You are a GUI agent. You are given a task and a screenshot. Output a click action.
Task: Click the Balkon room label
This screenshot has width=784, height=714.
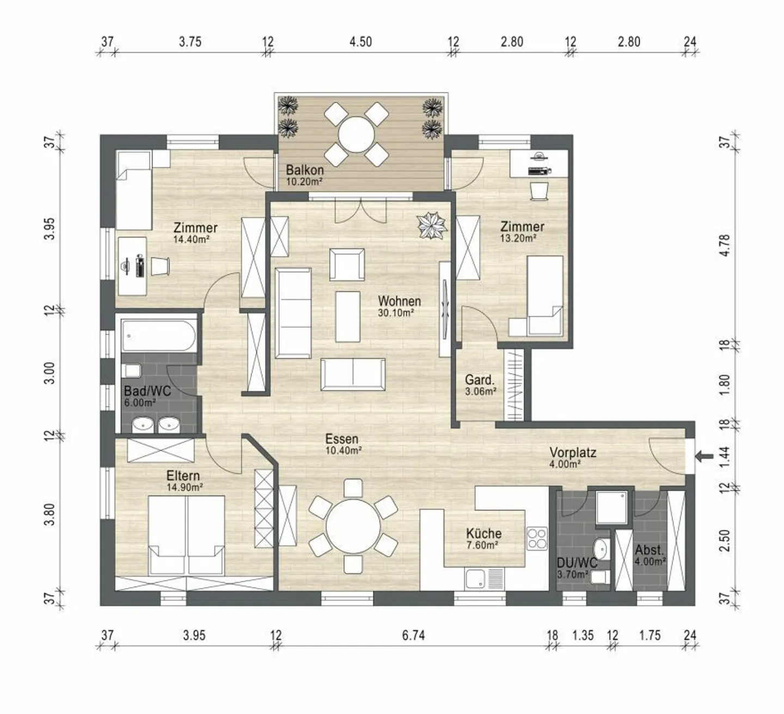304,170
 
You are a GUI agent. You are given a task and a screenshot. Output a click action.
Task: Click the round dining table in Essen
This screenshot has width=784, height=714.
353,527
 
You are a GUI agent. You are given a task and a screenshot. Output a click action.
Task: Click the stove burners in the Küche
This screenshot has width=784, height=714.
537,539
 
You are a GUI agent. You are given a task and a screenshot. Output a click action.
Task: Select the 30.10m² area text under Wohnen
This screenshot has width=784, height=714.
396,313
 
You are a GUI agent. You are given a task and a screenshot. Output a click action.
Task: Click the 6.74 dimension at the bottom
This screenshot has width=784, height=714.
413,635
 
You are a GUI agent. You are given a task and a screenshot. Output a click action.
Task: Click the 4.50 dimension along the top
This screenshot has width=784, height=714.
360,42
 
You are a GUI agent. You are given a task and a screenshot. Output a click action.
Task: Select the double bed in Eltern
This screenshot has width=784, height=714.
187,535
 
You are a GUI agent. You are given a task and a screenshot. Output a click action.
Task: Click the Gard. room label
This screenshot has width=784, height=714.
479,380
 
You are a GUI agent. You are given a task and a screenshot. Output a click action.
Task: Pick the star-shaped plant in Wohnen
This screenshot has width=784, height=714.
432,225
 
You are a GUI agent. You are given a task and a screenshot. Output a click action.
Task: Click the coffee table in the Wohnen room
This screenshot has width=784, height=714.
347,316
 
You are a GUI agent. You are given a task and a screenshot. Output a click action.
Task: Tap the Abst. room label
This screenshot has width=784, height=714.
649,550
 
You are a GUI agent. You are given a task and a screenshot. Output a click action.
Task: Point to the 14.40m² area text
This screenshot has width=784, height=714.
192,239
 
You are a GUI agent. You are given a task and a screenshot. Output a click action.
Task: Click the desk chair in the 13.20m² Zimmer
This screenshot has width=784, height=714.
538,191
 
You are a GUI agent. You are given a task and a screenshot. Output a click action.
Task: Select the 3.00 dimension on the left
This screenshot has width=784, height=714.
50,373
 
